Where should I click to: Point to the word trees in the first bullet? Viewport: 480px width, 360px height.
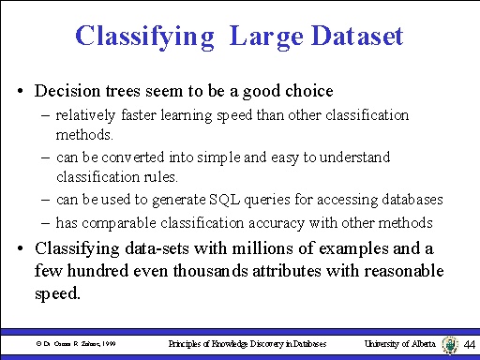click(x=128, y=92)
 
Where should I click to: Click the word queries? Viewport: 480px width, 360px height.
click(x=256, y=200)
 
